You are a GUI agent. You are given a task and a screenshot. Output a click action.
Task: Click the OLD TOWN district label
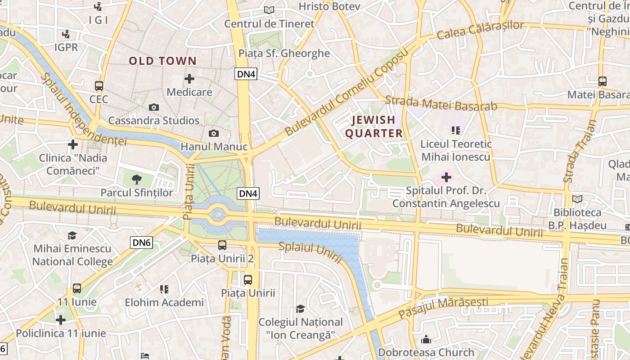[x=163, y=61]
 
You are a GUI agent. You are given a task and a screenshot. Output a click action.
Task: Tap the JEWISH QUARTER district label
[x=373, y=126]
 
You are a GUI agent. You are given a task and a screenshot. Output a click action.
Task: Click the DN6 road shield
[x=142, y=243]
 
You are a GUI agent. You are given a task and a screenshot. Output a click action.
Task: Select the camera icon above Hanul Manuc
[x=214, y=133]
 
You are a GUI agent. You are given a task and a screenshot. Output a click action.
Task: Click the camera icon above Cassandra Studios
[x=154, y=107]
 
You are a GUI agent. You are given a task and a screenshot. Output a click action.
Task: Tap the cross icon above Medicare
[x=189, y=79]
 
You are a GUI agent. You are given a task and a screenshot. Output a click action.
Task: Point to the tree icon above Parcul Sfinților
[x=136, y=180]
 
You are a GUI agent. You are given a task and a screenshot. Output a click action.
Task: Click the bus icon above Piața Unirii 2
[x=222, y=245]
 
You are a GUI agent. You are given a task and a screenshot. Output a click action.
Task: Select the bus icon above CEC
[x=99, y=85]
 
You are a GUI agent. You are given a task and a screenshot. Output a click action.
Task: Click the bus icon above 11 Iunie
[x=77, y=288]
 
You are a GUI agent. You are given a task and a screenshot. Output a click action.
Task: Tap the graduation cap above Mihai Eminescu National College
[x=72, y=235]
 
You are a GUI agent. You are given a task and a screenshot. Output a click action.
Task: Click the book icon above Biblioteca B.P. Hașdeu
[x=577, y=199]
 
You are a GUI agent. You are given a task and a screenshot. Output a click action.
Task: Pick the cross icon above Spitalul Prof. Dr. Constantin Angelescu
[x=446, y=177]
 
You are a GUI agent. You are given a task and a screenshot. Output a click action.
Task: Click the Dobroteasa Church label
[x=426, y=352]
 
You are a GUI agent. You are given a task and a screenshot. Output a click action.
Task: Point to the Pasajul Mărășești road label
[x=443, y=308]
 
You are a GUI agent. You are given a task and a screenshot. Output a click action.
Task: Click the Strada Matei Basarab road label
[x=441, y=104]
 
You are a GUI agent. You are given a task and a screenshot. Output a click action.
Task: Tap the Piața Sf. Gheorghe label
[x=284, y=53]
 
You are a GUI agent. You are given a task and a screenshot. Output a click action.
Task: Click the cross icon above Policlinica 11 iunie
[x=61, y=320]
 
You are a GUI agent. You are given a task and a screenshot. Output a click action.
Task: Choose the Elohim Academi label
[x=164, y=302]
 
